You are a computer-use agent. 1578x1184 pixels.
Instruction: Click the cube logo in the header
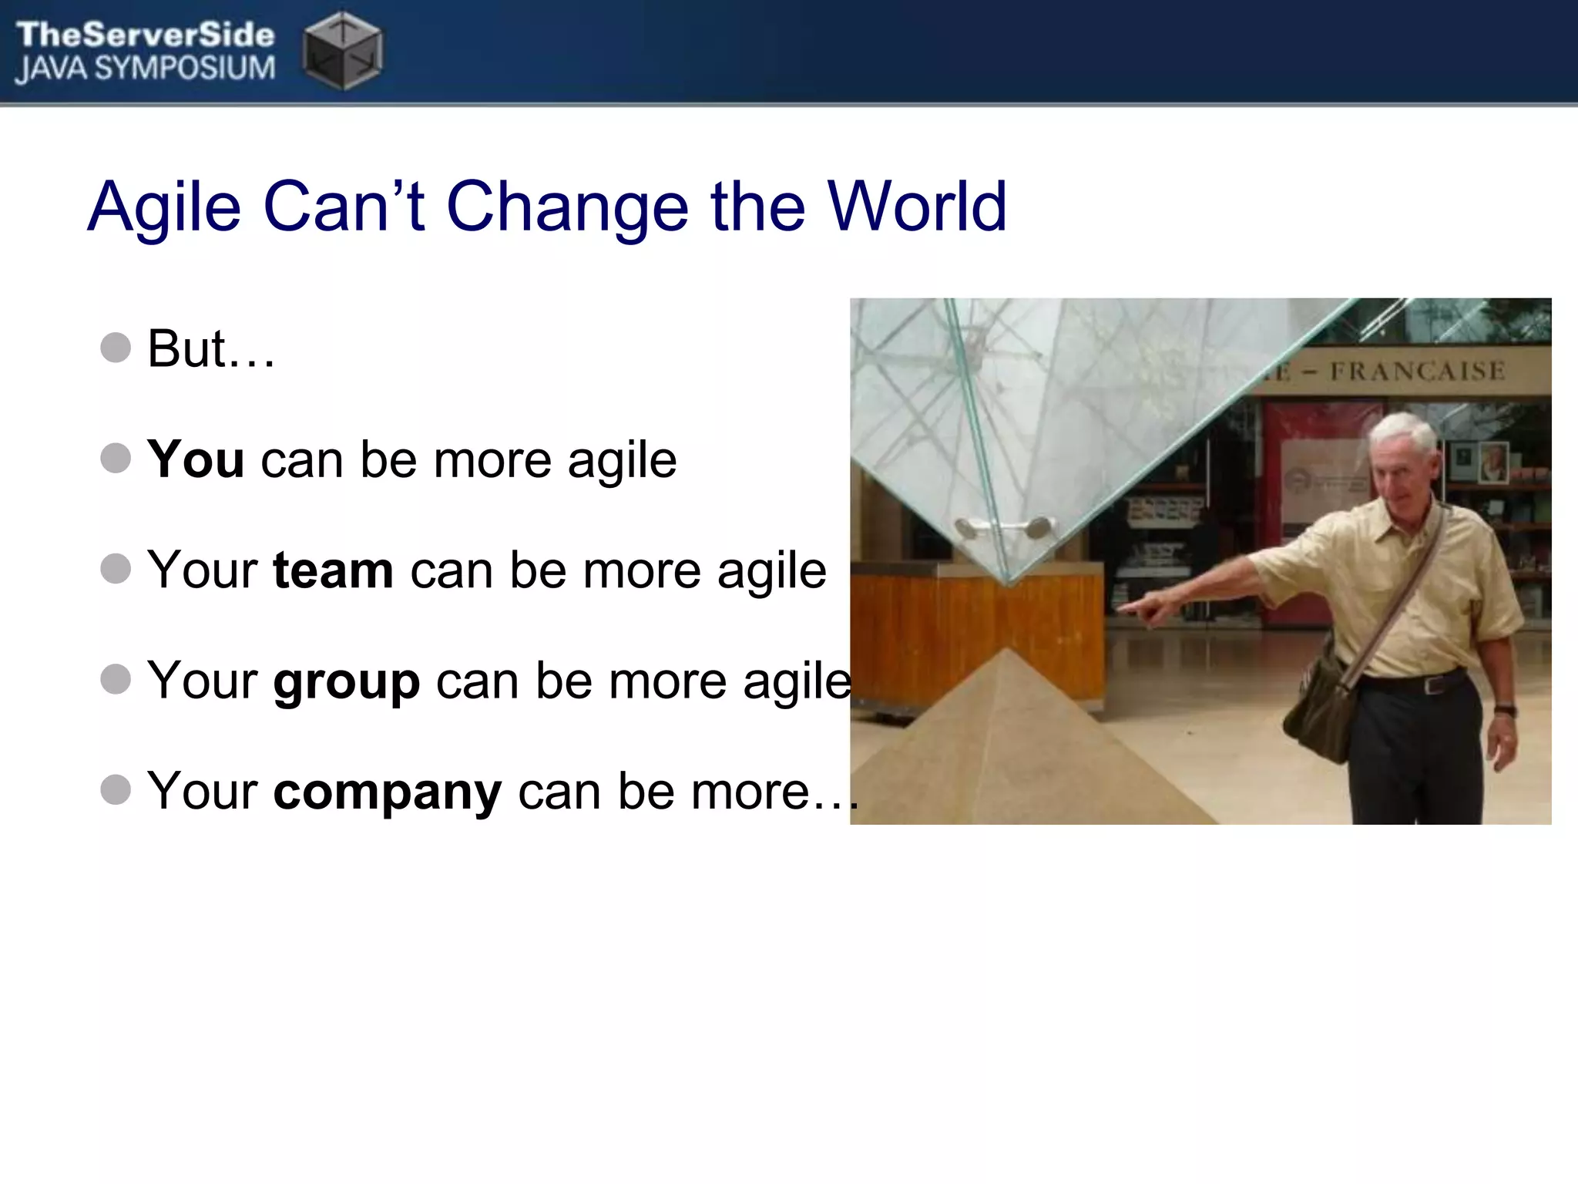pyautogui.click(x=342, y=51)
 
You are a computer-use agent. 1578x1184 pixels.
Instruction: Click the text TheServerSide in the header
pyautogui.click(x=145, y=35)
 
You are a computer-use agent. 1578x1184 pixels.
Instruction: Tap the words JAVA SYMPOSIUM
pyautogui.click(x=145, y=69)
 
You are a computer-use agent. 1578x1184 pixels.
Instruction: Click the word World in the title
pyautogui.click(x=917, y=207)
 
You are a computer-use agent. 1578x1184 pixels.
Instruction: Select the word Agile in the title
pyautogui.click(x=164, y=207)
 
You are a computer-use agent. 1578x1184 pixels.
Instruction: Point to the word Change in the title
pyautogui.click(x=567, y=207)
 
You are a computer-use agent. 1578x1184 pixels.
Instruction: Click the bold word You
pyautogui.click(x=196, y=459)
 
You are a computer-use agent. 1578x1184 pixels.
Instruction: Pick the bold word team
pyautogui.click(x=333, y=570)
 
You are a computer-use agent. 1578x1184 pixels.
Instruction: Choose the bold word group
pyautogui.click(x=346, y=681)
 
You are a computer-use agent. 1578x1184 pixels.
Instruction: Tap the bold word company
pyautogui.click(x=387, y=792)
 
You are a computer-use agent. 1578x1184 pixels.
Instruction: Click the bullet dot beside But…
pyautogui.click(x=116, y=348)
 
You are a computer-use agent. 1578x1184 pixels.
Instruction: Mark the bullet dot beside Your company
pyautogui.click(x=116, y=790)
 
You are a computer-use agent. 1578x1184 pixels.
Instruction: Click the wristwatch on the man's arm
pyautogui.click(x=1504, y=711)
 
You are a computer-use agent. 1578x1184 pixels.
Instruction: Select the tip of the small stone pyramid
pyautogui.click(x=1006, y=651)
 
